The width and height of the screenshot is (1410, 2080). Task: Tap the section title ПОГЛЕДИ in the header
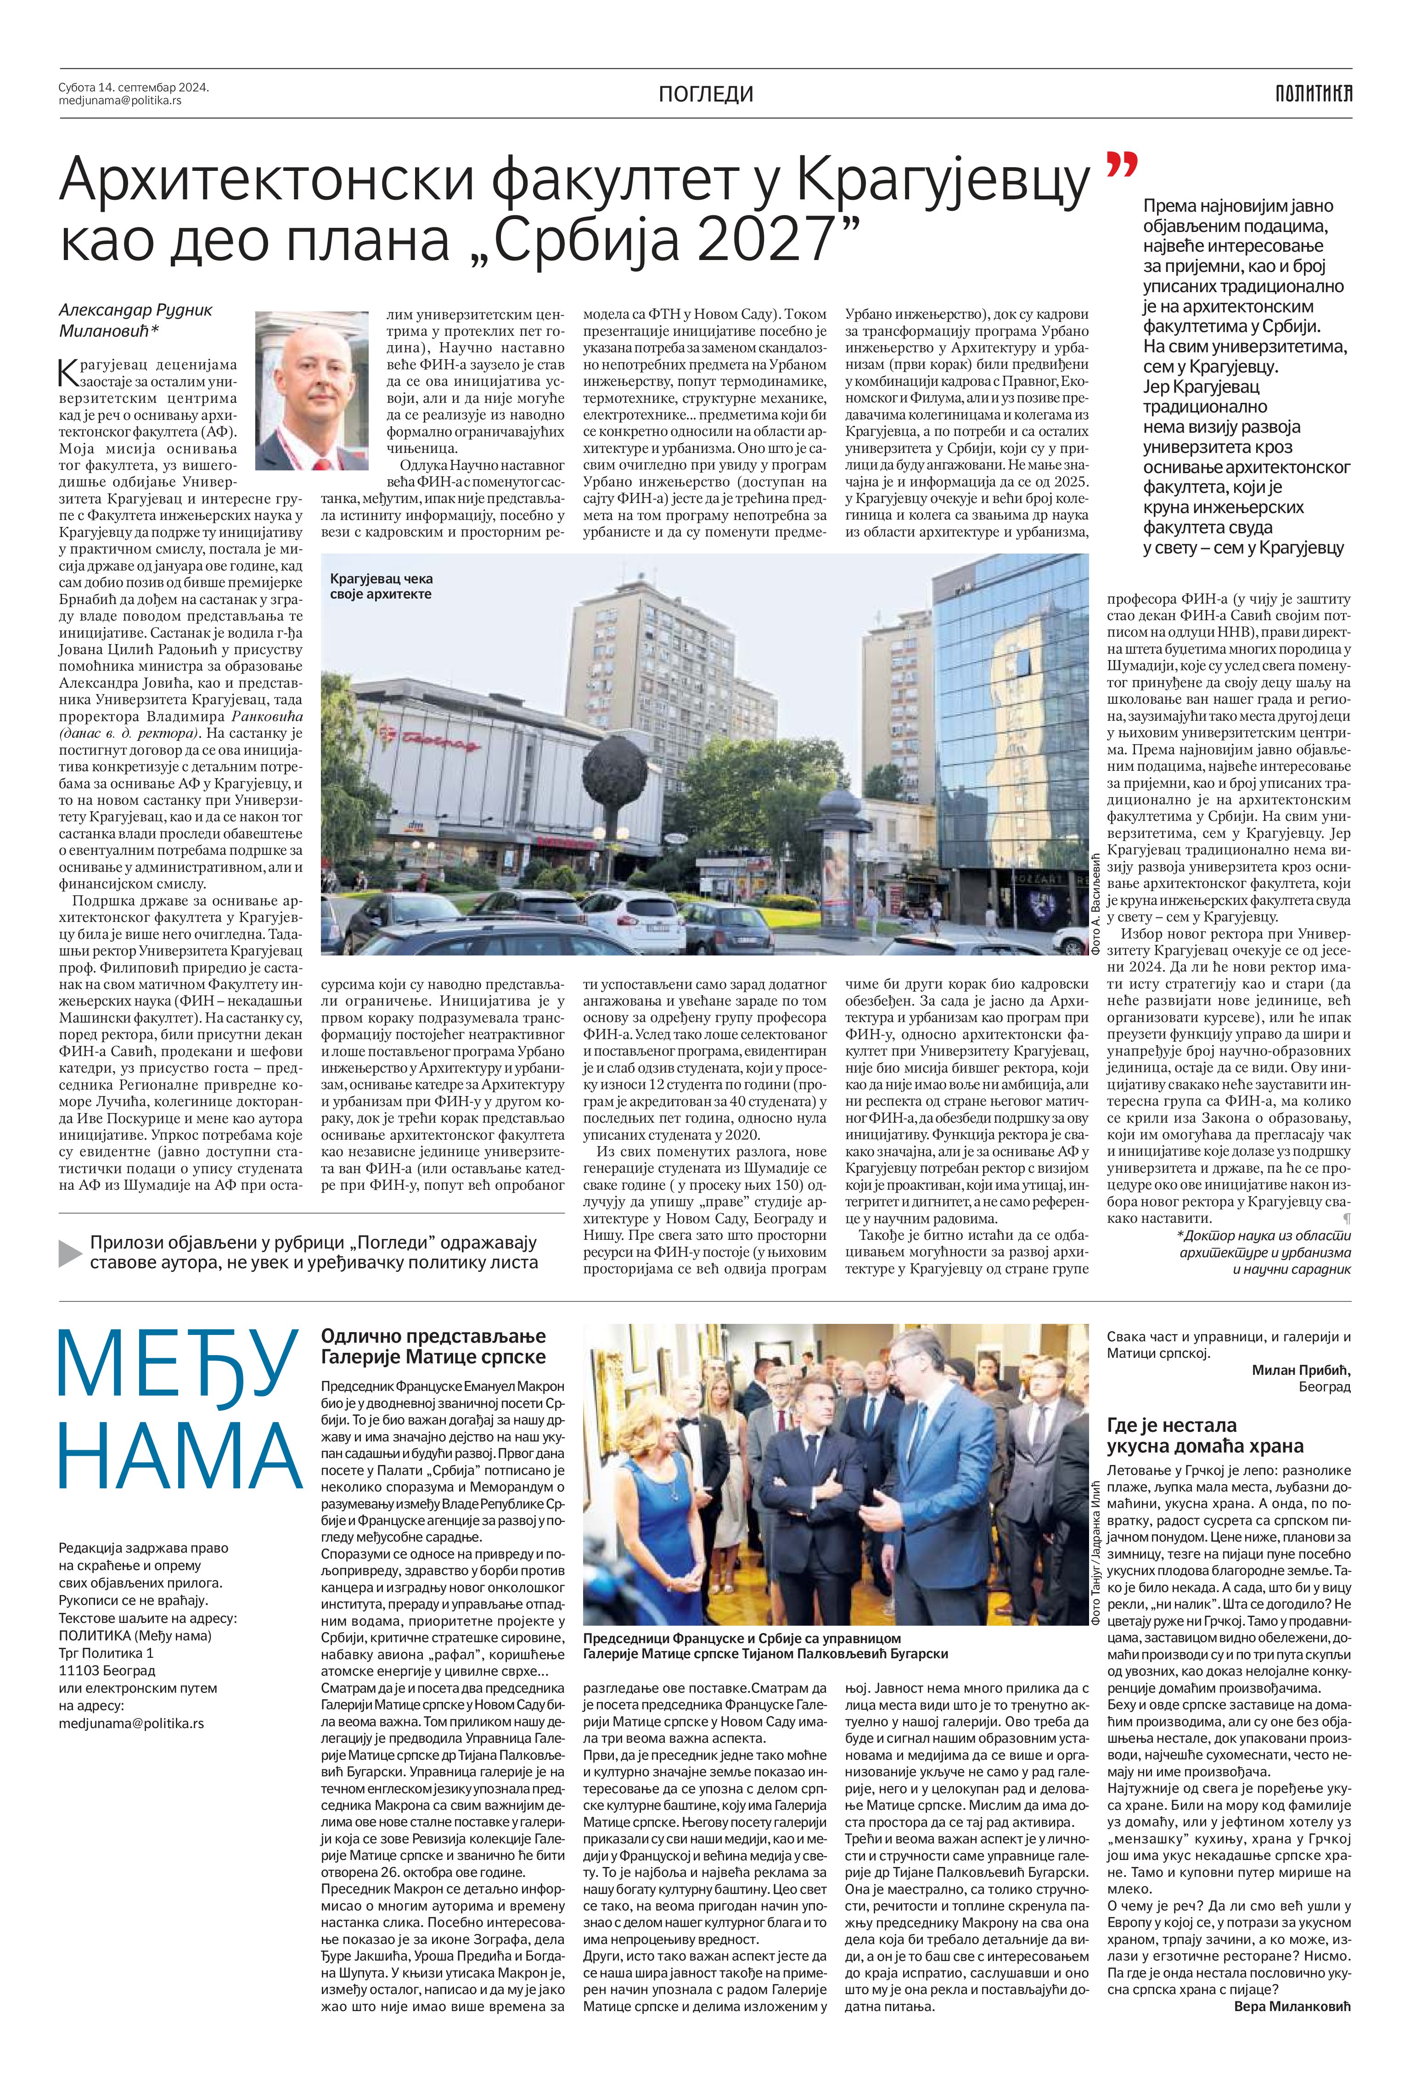tap(706, 94)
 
